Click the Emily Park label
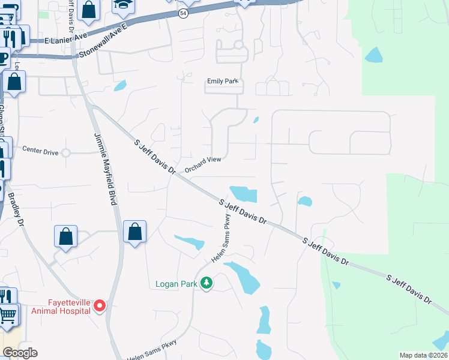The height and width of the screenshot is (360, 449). coord(223,81)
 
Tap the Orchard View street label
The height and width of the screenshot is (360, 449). coord(203,163)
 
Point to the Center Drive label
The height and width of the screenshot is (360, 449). coord(40,152)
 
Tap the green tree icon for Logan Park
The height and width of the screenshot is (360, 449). coord(206,282)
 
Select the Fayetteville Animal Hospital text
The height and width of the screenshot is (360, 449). coord(66,306)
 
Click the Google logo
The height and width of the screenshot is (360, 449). coord(20,352)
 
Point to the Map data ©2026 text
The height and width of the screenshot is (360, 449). coord(423,355)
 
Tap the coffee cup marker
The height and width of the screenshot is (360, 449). coord(3,59)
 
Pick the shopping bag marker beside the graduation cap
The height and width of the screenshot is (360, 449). coord(88,10)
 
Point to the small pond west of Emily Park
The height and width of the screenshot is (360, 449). coord(120,85)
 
